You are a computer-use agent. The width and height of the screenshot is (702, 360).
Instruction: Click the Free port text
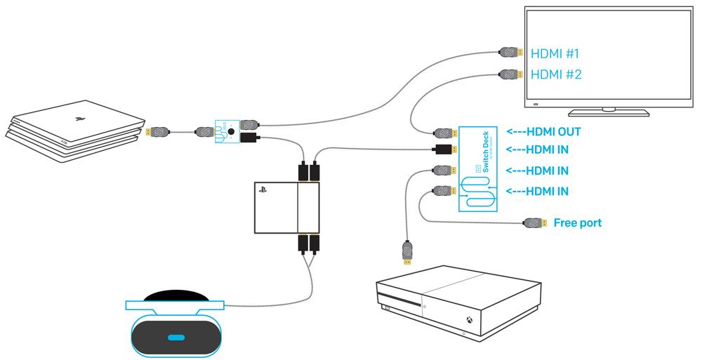(x=578, y=223)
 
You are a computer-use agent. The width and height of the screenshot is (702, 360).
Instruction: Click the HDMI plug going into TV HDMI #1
(x=509, y=53)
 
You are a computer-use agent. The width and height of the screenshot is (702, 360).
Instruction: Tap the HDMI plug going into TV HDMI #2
(x=509, y=73)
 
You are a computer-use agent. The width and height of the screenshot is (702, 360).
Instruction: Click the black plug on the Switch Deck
(x=444, y=149)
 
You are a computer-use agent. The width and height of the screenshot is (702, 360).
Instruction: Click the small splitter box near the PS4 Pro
(x=225, y=131)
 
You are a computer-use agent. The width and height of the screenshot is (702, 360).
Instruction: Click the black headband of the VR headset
(x=175, y=295)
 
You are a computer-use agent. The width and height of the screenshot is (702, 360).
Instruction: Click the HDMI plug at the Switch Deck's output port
(x=444, y=132)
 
